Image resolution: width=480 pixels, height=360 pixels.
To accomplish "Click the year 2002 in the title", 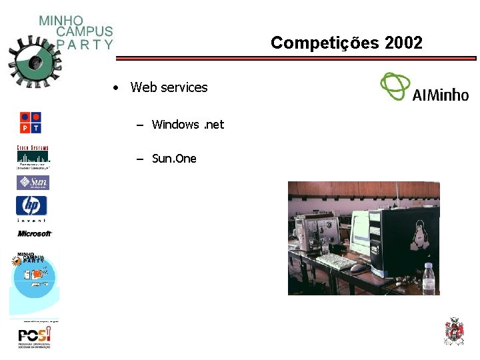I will tap(403, 43).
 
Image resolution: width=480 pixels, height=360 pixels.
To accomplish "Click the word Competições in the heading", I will tap(325, 44).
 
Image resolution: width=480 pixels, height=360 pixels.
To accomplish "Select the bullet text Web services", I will tap(169, 87).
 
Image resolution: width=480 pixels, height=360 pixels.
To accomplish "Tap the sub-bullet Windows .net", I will tap(188, 125).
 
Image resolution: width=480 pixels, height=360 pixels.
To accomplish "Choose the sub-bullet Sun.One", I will tap(174, 159).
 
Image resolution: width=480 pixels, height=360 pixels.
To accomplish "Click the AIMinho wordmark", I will tap(440, 95).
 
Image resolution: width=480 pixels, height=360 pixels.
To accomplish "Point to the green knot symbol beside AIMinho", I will tap(395, 86).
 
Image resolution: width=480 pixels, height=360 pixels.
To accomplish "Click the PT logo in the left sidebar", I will tap(31, 123).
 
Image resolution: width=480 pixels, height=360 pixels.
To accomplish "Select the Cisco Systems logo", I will tap(33, 157).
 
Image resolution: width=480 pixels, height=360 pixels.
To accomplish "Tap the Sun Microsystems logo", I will tap(33, 183).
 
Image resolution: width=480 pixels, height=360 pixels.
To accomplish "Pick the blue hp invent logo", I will tap(31, 207).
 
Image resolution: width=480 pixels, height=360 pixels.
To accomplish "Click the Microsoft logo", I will tap(35, 234).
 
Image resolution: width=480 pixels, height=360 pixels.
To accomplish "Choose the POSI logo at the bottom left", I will tap(34, 337).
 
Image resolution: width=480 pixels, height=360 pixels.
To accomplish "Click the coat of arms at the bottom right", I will tap(454, 331).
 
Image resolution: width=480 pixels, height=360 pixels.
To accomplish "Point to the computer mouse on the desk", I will tap(358, 268).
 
